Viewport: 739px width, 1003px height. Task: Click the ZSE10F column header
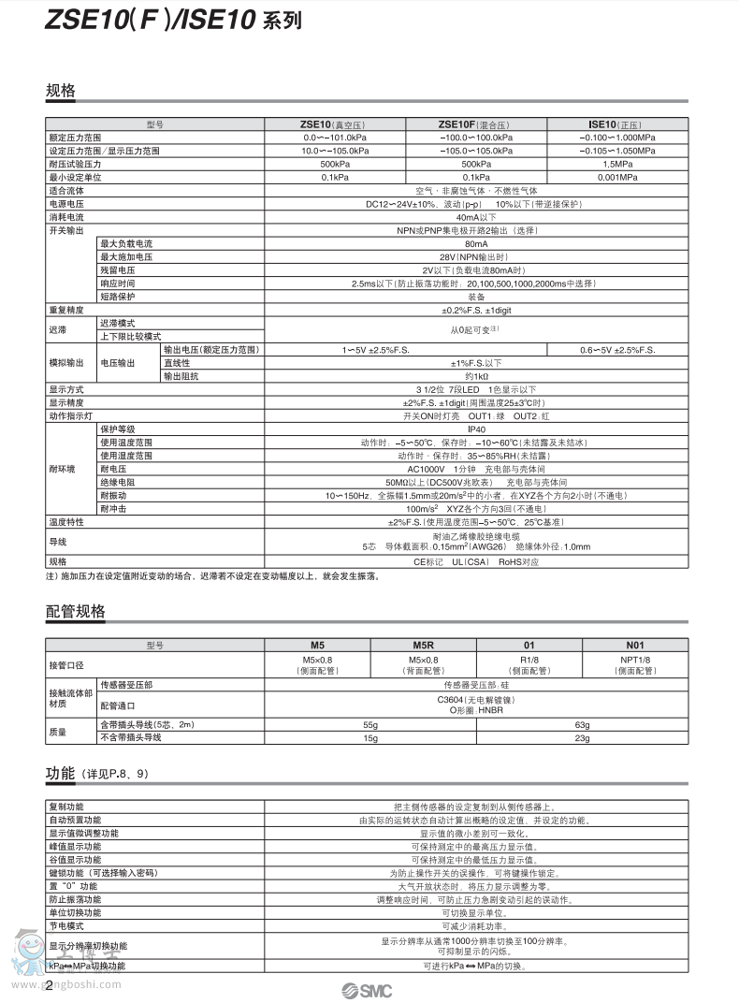click(475, 124)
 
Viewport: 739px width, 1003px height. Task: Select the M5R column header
click(424, 646)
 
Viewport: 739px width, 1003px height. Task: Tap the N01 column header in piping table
click(635, 646)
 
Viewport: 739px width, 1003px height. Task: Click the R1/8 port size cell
click(529, 660)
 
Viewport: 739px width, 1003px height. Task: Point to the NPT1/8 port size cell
click(635, 660)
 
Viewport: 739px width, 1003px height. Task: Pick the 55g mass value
click(370, 725)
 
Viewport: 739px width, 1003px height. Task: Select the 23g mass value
click(582, 738)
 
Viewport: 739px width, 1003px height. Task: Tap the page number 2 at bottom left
click(49, 985)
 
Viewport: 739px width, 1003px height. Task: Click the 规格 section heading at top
click(60, 91)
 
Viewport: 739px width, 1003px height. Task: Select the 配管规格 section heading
click(75, 612)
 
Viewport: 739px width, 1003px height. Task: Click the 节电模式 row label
click(66, 925)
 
